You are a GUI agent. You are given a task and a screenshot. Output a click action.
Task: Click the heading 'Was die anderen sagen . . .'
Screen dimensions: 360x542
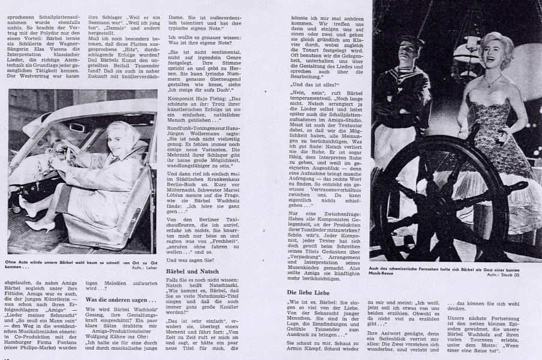[x=116, y=299]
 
